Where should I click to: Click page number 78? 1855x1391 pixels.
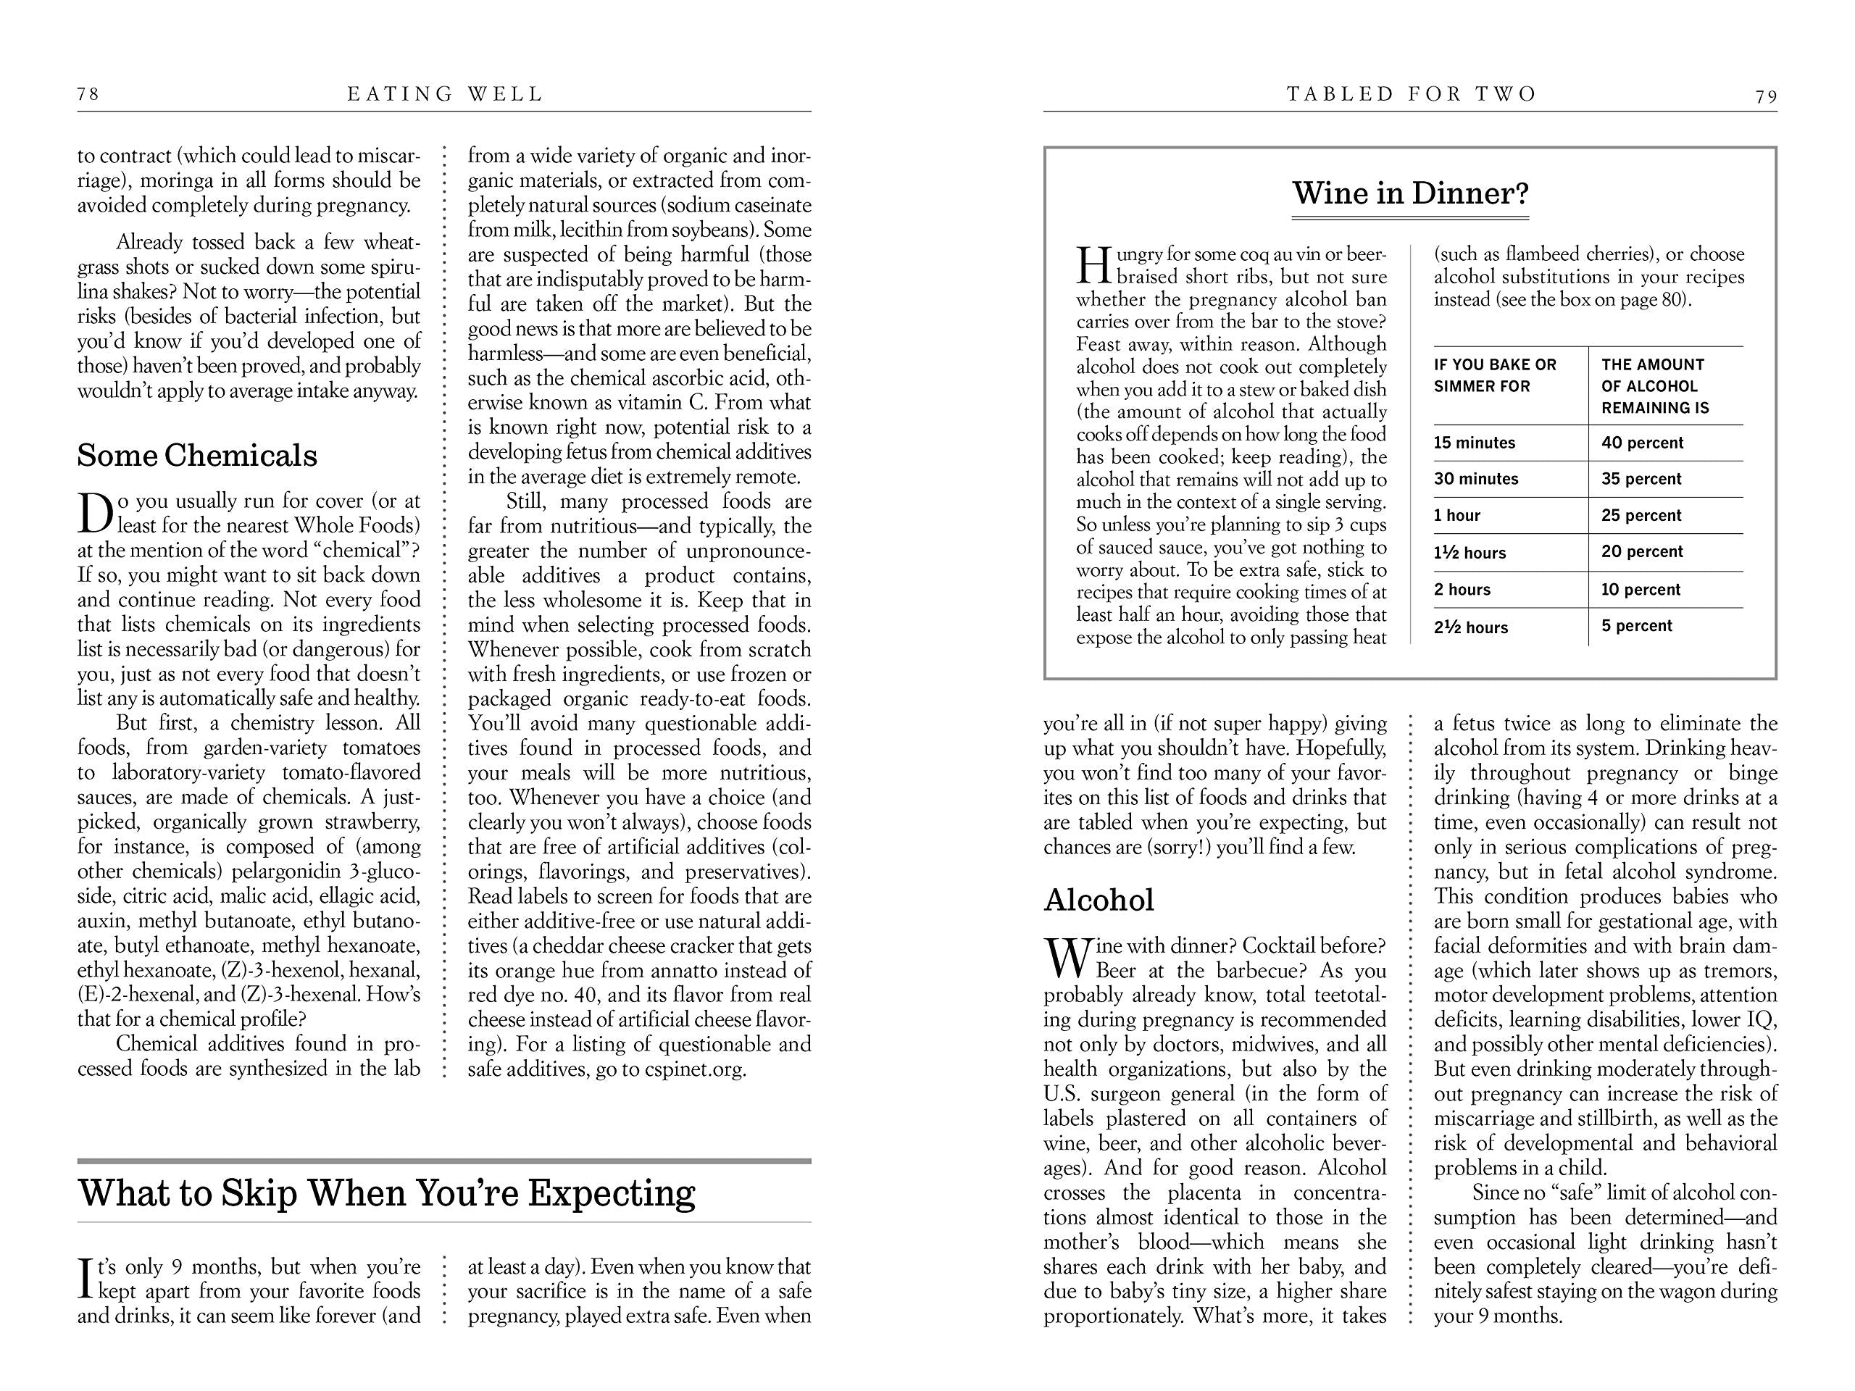click(88, 94)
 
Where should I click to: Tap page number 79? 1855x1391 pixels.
click(1766, 96)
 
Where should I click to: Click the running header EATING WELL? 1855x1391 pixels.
click(446, 94)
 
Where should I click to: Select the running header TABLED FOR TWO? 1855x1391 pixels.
click(1412, 94)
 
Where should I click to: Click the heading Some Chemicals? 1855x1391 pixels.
click(197, 455)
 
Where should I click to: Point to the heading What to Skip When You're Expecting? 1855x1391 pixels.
click(387, 1192)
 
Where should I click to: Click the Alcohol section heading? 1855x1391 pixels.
click(1099, 900)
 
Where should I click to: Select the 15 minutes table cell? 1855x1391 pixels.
click(1475, 443)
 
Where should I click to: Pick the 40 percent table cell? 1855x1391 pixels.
click(1642, 443)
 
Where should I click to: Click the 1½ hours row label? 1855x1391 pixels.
click(1470, 553)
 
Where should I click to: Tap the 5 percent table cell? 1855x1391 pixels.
click(1636, 625)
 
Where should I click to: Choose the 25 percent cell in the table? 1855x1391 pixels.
click(1641, 516)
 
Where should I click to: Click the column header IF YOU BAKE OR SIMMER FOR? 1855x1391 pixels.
click(1494, 375)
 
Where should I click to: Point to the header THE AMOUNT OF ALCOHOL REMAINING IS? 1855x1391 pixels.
click(1654, 385)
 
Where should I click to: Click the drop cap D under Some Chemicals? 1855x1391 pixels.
click(96, 512)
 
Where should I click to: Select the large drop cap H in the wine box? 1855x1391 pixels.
click(1093, 265)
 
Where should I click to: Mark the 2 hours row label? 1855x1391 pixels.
click(1462, 590)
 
